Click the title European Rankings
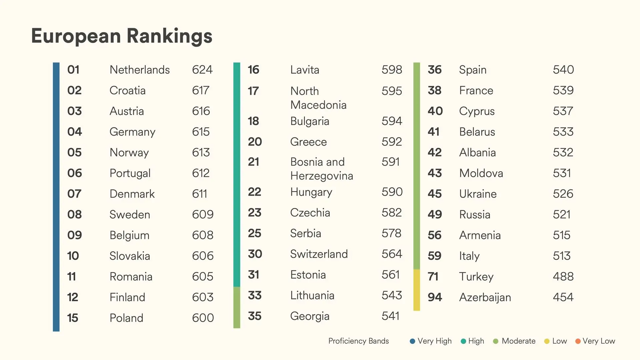pos(122,36)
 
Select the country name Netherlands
pos(140,70)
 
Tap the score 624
pos(202,70)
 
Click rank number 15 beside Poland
pos(73,318)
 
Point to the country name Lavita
pos(305,70)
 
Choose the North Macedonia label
pos(318,98)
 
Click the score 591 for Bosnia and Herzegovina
pos(391,162)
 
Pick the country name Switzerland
pos(319,254)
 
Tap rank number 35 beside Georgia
pos(255,316)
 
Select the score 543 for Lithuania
pos(392,295)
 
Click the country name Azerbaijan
pos(485,297)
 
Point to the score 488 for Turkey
pos(563,276)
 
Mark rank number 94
pos(435,297)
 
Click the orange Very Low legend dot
pos(578,341)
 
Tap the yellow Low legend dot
pos(547,341)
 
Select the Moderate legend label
pos(518,341)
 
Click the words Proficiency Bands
pos(358,341)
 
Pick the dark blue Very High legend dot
pos(412,341)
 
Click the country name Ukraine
pos(478,194)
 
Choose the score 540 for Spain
pos(563,70)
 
